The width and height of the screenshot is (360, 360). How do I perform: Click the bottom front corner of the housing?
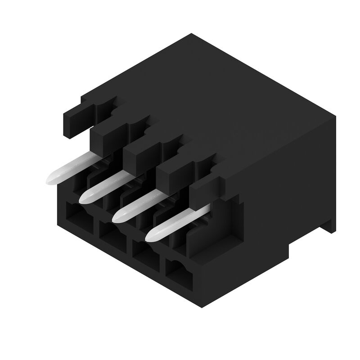(x=201, y=306)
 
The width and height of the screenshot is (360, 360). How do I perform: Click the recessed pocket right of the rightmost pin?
(x=225, y=220)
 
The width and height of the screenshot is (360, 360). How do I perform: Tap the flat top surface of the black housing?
(x=216, y=99)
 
